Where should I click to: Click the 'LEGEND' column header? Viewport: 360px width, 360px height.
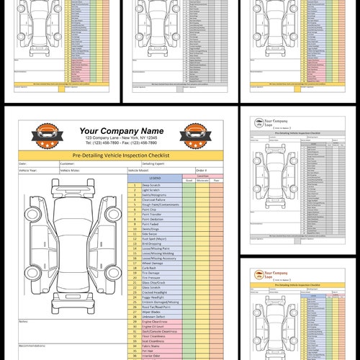click(155, 177)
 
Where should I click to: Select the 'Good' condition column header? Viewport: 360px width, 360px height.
click(189, 179)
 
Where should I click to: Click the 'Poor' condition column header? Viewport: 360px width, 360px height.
click(217, 179)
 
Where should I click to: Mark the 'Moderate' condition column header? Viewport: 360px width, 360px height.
click(203, 179)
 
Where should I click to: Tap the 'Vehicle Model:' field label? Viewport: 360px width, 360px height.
click(140, 171)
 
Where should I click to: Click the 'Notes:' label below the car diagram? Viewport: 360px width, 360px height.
click(24, 321)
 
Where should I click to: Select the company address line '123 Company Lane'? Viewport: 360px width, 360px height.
click(121, 138)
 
